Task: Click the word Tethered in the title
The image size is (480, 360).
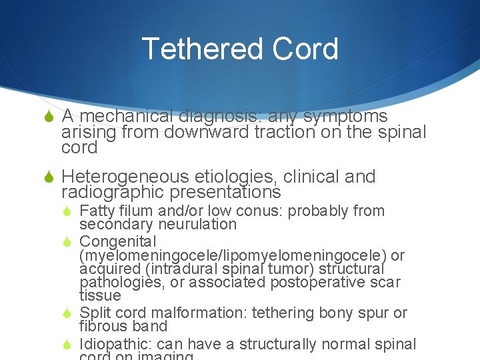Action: [194, 49]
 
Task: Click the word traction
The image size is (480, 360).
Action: [286, 132]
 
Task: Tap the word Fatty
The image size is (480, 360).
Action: [97, 211]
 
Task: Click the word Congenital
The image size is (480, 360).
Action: [117, 241]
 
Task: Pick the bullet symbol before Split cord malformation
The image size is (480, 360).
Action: [68, 313]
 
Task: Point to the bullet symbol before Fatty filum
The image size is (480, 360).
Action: [68, 211]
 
